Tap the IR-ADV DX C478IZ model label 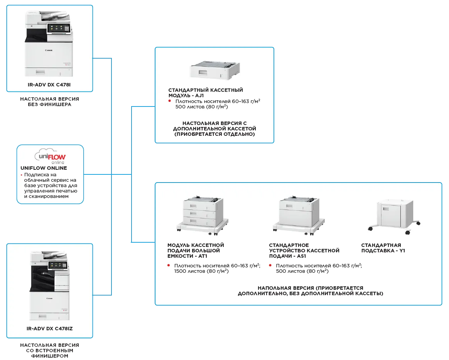[x=50, y=328]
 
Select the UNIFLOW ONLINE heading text [x=44, y=168]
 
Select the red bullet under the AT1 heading [x=169, y=265]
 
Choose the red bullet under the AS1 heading [x=270, y=265]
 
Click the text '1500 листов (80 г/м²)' [x=201, y=271]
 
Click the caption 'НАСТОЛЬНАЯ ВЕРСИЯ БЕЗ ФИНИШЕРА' [x=50, y=102]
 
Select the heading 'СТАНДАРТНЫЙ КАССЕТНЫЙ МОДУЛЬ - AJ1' [x=206, y=93]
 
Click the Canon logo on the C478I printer [x=49, y=51]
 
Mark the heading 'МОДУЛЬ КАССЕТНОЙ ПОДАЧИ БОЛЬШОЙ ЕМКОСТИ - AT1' [x=196, y=250]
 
